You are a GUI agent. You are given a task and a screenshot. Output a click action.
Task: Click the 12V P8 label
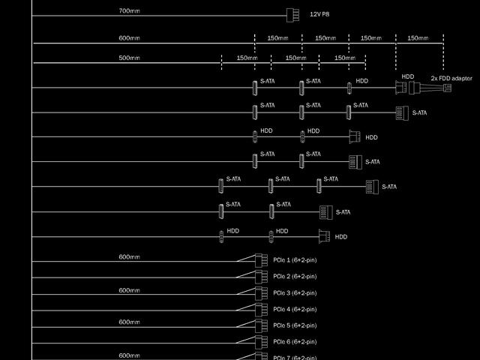pos(319,14)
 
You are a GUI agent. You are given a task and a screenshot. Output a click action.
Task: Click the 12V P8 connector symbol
pos(292,14)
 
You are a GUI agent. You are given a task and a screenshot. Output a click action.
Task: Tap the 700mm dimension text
pos(129,11)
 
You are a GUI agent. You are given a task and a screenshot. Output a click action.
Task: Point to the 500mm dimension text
pos(129,58)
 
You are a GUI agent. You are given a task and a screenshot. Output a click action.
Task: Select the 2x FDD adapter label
pos(451,78)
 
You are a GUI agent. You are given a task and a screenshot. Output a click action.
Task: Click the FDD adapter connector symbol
pos(446,88)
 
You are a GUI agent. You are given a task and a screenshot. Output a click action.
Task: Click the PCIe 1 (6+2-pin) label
pos(295,260)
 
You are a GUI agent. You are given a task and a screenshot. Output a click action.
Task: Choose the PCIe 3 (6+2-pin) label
pos(295,293)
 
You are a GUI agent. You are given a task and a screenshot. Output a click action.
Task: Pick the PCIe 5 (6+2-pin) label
pos(295,325)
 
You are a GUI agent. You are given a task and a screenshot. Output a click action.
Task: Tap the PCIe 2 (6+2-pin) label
pos(295,277)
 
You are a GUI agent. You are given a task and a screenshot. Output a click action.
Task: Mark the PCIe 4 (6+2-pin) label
pos(295,309)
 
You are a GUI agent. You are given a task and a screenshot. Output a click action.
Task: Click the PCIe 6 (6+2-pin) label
pos(295,342)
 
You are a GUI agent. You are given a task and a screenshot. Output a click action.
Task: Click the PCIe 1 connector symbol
pos(260,260)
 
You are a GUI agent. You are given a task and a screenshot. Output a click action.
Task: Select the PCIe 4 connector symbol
pos(260,310)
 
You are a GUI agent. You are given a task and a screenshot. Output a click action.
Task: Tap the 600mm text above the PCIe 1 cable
pos(129,257)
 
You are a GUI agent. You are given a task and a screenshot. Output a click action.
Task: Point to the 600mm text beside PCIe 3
pos(129,290)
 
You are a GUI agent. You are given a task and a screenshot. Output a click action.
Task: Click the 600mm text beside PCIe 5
pos(129,322)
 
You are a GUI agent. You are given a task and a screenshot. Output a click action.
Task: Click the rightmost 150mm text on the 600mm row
pos(418,38)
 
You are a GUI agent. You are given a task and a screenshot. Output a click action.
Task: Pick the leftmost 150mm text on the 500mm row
pos(247,58)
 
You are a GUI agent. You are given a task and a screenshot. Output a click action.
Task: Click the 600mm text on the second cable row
pos(129,38)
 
